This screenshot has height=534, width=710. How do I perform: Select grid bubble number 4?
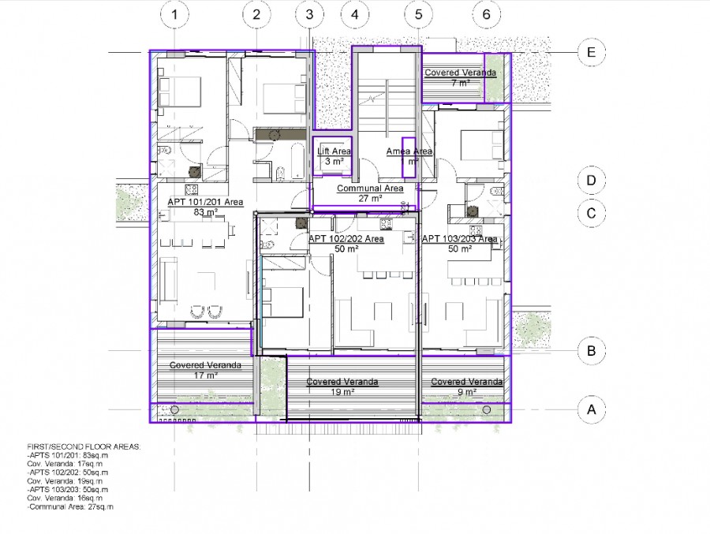tap(355, 14)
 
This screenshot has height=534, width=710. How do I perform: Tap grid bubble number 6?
tap(487, 14)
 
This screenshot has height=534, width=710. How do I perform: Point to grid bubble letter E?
tap(589, 53)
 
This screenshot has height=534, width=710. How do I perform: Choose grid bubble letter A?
tap(589, 409)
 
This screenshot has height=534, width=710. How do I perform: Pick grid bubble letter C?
tap(589, 213)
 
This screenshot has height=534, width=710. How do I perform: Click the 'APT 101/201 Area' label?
tap(205, 202)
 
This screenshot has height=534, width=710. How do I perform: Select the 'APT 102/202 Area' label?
tap(346, 238)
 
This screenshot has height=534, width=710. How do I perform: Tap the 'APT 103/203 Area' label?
tap(459, 238)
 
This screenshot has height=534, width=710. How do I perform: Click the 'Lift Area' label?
tap(334, 151)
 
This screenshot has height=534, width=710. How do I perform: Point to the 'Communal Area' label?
tap(370, 189)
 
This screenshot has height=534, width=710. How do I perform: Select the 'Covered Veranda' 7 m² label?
tap(460, 73)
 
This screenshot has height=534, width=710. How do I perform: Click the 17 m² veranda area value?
tap(205, 375)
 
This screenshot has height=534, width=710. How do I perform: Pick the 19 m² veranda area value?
tap(342, 391)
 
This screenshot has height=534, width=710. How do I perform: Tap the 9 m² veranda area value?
tap(466, 391)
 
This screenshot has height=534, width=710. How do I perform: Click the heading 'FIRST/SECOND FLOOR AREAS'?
tap(84, 447)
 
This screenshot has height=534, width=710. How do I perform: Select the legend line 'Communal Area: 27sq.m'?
tap(70, 506)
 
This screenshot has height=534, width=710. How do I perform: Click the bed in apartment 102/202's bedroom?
tap(284, 301)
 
